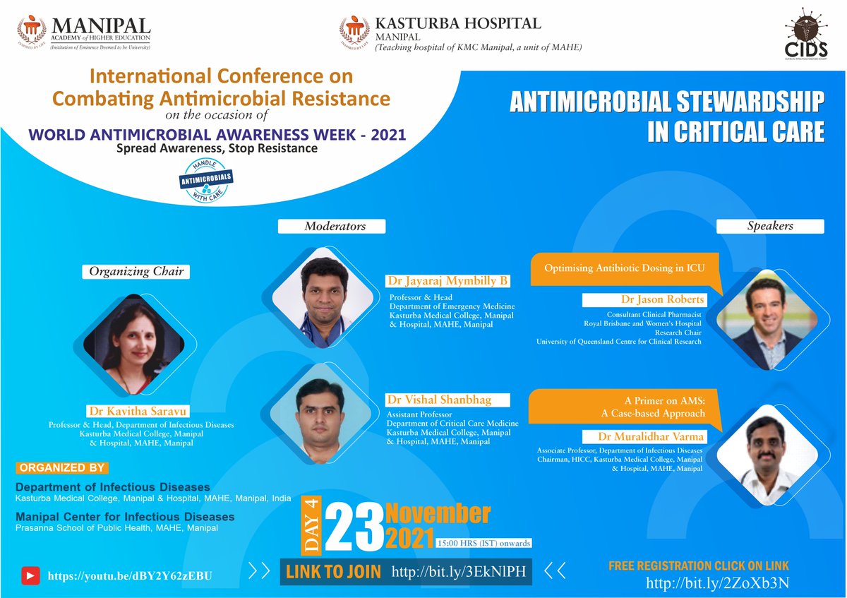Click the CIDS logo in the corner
[805, 36]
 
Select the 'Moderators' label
[331, 226]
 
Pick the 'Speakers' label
[770, 226]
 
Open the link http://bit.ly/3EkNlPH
[459, 571]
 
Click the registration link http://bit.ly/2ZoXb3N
[717, 582]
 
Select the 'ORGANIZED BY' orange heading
[62, 468]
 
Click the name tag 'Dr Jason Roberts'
[643, 299]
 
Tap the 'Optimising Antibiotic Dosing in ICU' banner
[624, 268]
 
